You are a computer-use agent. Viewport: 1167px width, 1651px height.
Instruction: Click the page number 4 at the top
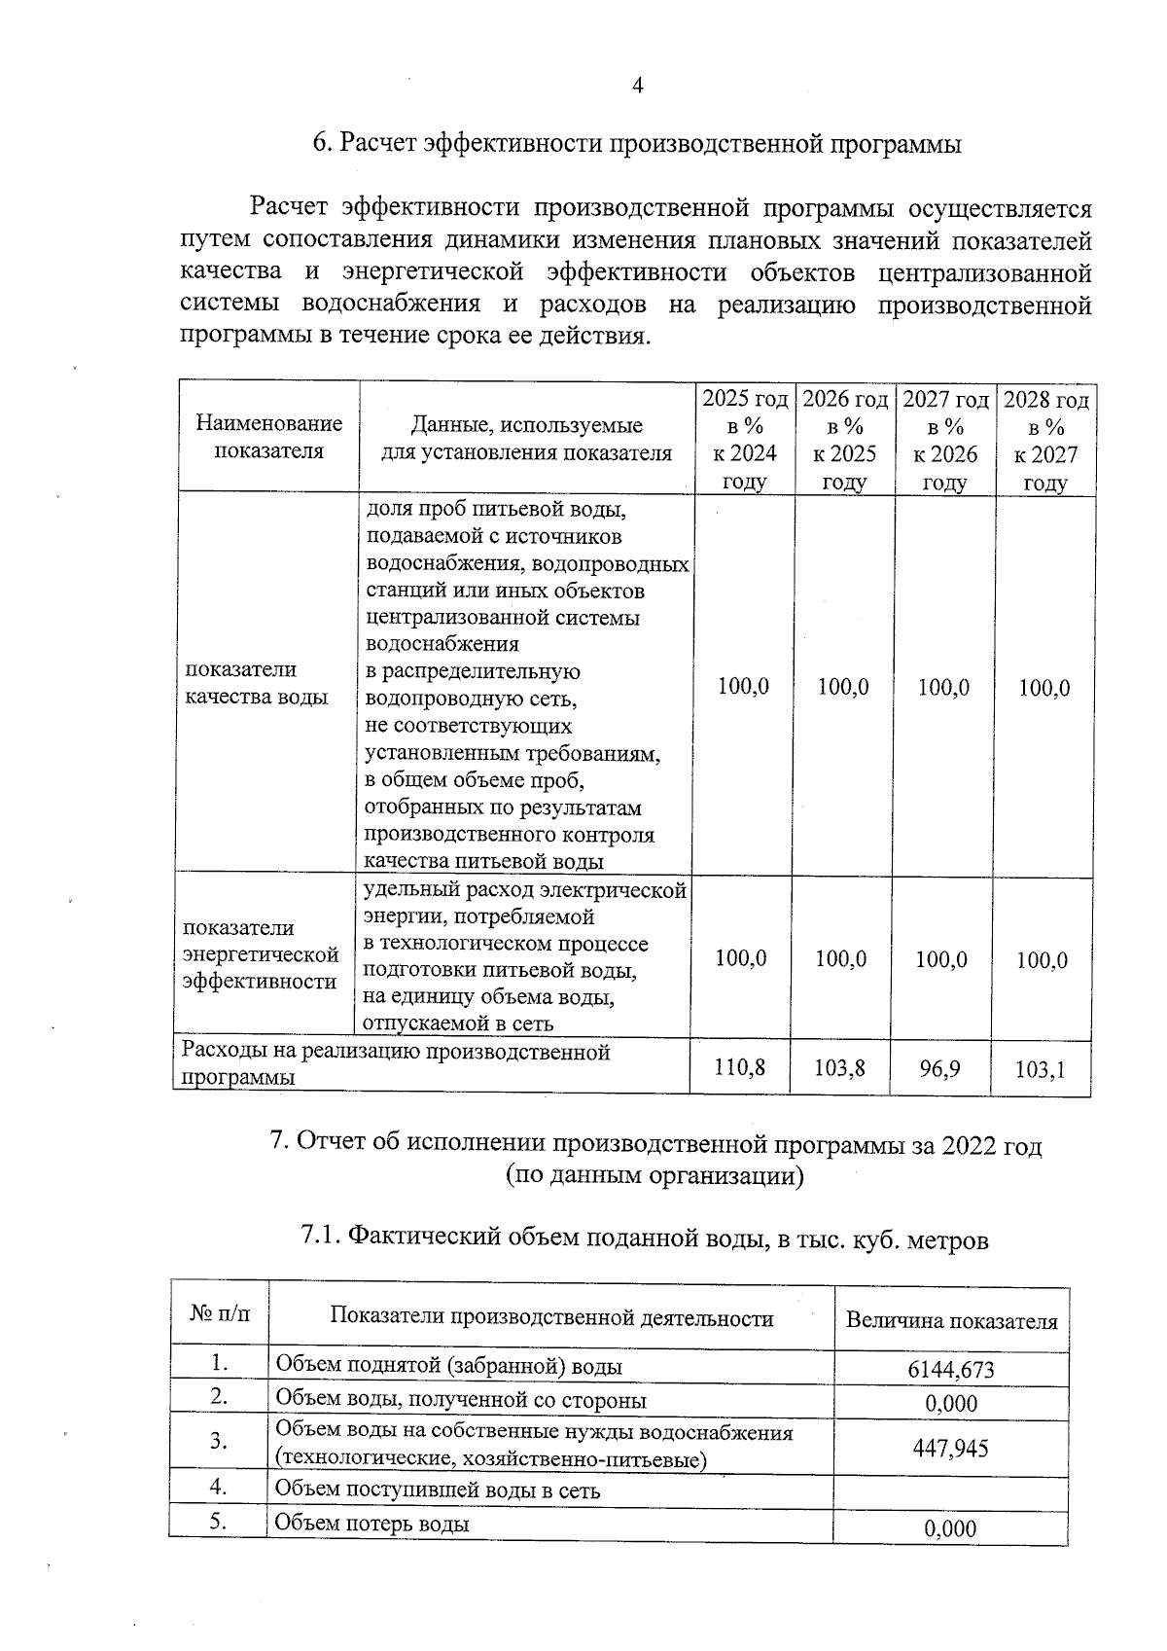[x=638, y=87]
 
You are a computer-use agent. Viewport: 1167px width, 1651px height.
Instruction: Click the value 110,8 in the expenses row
[x=739, y=1067]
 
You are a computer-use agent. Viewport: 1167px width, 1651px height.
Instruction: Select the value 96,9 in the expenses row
[x=939, y=1068]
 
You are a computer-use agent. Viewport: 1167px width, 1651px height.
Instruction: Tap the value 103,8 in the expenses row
[x=840, y=1068]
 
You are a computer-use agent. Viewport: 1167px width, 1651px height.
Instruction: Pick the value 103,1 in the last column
[x=1041, y=1069]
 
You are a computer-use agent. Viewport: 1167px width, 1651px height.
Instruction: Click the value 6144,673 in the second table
[x=950, y=1370]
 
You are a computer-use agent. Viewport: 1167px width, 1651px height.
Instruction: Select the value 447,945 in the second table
[x=950, y=1448]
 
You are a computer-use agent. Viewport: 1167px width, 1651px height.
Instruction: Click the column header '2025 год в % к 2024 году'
[x=745, y=440]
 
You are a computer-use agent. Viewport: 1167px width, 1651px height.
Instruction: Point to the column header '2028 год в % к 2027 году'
[x=1045, y=441]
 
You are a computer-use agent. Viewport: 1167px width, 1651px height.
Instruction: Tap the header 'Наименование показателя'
[x=269, y=437]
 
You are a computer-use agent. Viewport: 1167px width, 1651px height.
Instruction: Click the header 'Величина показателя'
[x=951, y=1321]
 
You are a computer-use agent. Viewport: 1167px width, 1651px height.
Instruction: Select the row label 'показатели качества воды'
[x=256, y=683]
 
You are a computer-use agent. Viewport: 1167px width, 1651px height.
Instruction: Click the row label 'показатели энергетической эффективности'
[x=261, y=954]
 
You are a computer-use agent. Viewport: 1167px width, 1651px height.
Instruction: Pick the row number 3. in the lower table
[x=219, y=1442]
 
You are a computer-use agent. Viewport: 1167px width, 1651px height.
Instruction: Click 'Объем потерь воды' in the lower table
[x=372, y=1523]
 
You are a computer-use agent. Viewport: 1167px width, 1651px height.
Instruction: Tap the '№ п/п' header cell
[x=220, y=1314]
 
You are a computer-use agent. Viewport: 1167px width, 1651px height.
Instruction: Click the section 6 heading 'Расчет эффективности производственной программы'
[x=637, y=144]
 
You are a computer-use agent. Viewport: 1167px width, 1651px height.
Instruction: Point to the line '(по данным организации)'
[x=654, y=1175]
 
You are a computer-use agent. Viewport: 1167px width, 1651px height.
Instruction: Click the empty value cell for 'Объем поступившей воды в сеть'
[x=950, y=1489]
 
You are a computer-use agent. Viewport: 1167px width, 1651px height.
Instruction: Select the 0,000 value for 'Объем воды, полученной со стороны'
[x=950, y=1403]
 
